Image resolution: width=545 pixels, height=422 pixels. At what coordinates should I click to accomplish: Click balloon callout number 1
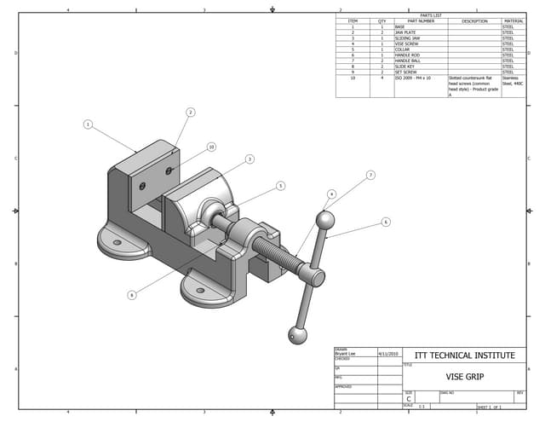tap(88, 124)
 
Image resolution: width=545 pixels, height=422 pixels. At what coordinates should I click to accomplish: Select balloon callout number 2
tap(191, 112)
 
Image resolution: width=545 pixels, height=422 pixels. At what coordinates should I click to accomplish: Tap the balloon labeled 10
tap(211, 147)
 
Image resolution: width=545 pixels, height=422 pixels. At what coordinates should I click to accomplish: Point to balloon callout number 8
tap(132, 295)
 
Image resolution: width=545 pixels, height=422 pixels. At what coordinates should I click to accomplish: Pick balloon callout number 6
tap(386, 222)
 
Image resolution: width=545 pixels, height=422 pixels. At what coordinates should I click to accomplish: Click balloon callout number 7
tap(370, 176)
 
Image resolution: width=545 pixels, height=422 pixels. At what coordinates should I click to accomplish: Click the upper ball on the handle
tap(324, 220)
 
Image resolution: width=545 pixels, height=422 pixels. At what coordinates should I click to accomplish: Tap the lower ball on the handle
tap(296, 335)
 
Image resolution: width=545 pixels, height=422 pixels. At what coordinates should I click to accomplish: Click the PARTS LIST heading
tap(431, 15)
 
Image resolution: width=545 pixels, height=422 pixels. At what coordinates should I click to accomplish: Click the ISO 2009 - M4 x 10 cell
tap(413, 78)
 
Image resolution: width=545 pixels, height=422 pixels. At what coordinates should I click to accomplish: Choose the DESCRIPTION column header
tap(474, 21)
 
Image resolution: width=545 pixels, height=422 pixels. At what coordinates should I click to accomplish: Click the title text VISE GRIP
tap(464, 376)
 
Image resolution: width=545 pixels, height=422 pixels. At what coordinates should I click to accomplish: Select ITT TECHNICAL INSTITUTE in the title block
tap(464, 355)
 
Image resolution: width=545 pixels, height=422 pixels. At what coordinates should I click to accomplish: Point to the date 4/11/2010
tap(388, 353)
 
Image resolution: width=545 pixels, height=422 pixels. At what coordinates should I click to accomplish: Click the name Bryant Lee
tap(346, 353)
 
